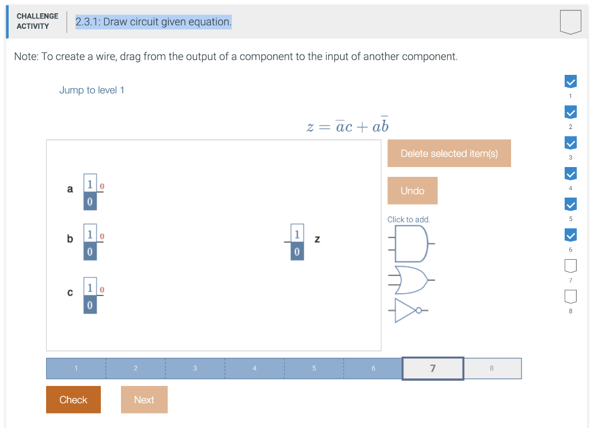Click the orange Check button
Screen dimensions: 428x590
pyautogui.click(x=73, y=399)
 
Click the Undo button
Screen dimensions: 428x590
pyautogui.click(x=412, y=191)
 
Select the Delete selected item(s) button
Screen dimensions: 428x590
pyautogui.click(x=449, y=153)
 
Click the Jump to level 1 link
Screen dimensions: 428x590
pyautogui.click(x=92, y=90)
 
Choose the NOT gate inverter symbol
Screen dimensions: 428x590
pyautogui.click(x=411, y=310)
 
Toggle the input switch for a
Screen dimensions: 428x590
pyautogui.click(x=90, y=192)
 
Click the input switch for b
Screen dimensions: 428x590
pyautogui.click(x=90, y=242)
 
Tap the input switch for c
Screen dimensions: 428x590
pyautogui.click(x=90, y=296)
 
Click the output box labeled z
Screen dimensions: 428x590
pyautogui.click(x=297, y=242)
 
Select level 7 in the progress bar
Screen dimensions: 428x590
pyautogui.click(x=433, y=369)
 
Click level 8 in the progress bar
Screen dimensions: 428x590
pyautogui.click(x=492, y=369)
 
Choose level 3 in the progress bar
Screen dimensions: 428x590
pyautogui.click(x=195, y=369)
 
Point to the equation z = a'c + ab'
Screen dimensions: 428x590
pyautogui.click(x=347, y=125)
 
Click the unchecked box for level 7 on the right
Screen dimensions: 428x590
pyautogui.click(x=570, y=266)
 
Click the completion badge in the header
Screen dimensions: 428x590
pyautogui.click(x=570, y=22)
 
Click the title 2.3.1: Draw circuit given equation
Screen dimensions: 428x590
pyautogui.click(x=153, y=22)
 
